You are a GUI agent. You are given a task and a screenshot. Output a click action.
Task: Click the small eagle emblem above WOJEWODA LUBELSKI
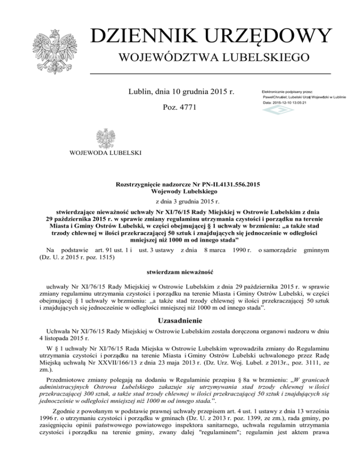tap(105, 139)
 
